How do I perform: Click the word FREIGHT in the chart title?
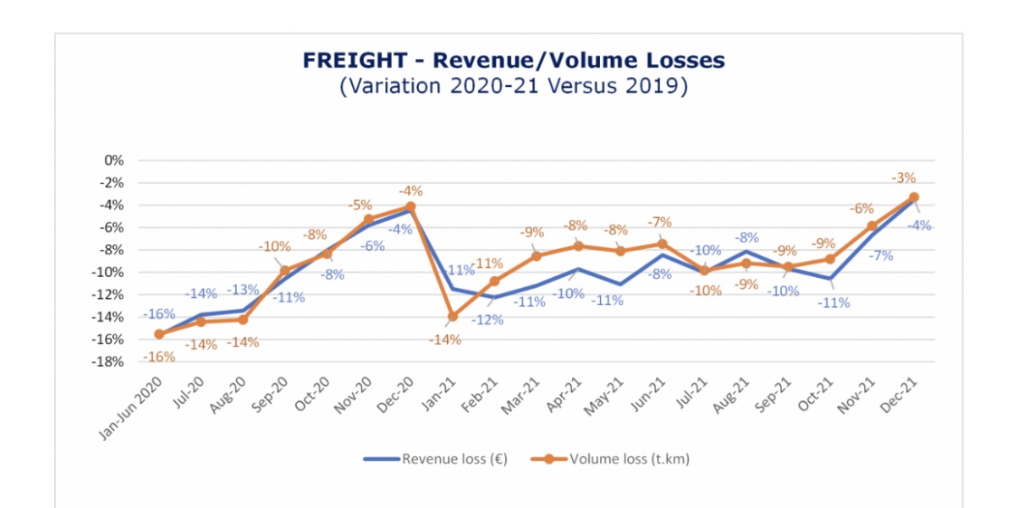point(355,61)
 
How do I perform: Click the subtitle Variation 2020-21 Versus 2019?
point(514,87)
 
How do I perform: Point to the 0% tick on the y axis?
point(113,160)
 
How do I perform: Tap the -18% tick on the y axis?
point(109,362)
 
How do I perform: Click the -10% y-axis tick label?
point(109,273)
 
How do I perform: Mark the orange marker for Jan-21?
point(452,316)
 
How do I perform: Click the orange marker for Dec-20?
point(410,206)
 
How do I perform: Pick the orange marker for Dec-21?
point(914,197)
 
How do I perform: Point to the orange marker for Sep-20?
point(284,271)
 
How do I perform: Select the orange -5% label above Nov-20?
point(360,205)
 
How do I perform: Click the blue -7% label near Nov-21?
point(880,256)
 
